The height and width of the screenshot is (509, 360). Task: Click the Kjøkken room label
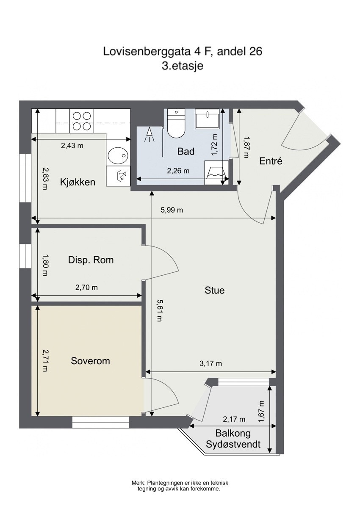(x=78, y=182)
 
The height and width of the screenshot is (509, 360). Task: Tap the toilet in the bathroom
(x=175, y=123)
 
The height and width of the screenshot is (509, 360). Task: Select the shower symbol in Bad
(x=149, y=135)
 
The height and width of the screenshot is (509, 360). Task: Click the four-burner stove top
(x=82, y=121)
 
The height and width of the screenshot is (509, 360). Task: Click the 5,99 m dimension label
(x=172, y=210)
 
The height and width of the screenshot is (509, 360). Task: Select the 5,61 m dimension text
(x=160, y=310)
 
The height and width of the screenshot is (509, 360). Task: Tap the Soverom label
(x=91, y=361)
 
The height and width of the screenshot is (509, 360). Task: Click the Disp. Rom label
(x=91, y=260)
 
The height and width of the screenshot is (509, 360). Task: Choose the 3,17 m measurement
(x=210, y=364)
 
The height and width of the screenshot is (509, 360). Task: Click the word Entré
(x=271, y=161)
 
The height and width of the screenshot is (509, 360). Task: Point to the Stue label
(x=215, y=290)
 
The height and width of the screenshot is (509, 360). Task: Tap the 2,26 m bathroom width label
(x=178, y=171)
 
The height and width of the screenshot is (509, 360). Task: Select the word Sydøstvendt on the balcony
(x=233, y=444)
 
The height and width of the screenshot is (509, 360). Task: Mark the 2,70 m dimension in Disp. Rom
(x=86, y=288)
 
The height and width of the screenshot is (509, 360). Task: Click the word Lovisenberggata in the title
(x=147, y=52)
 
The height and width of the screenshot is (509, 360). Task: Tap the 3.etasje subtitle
(x=183, y=66)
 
